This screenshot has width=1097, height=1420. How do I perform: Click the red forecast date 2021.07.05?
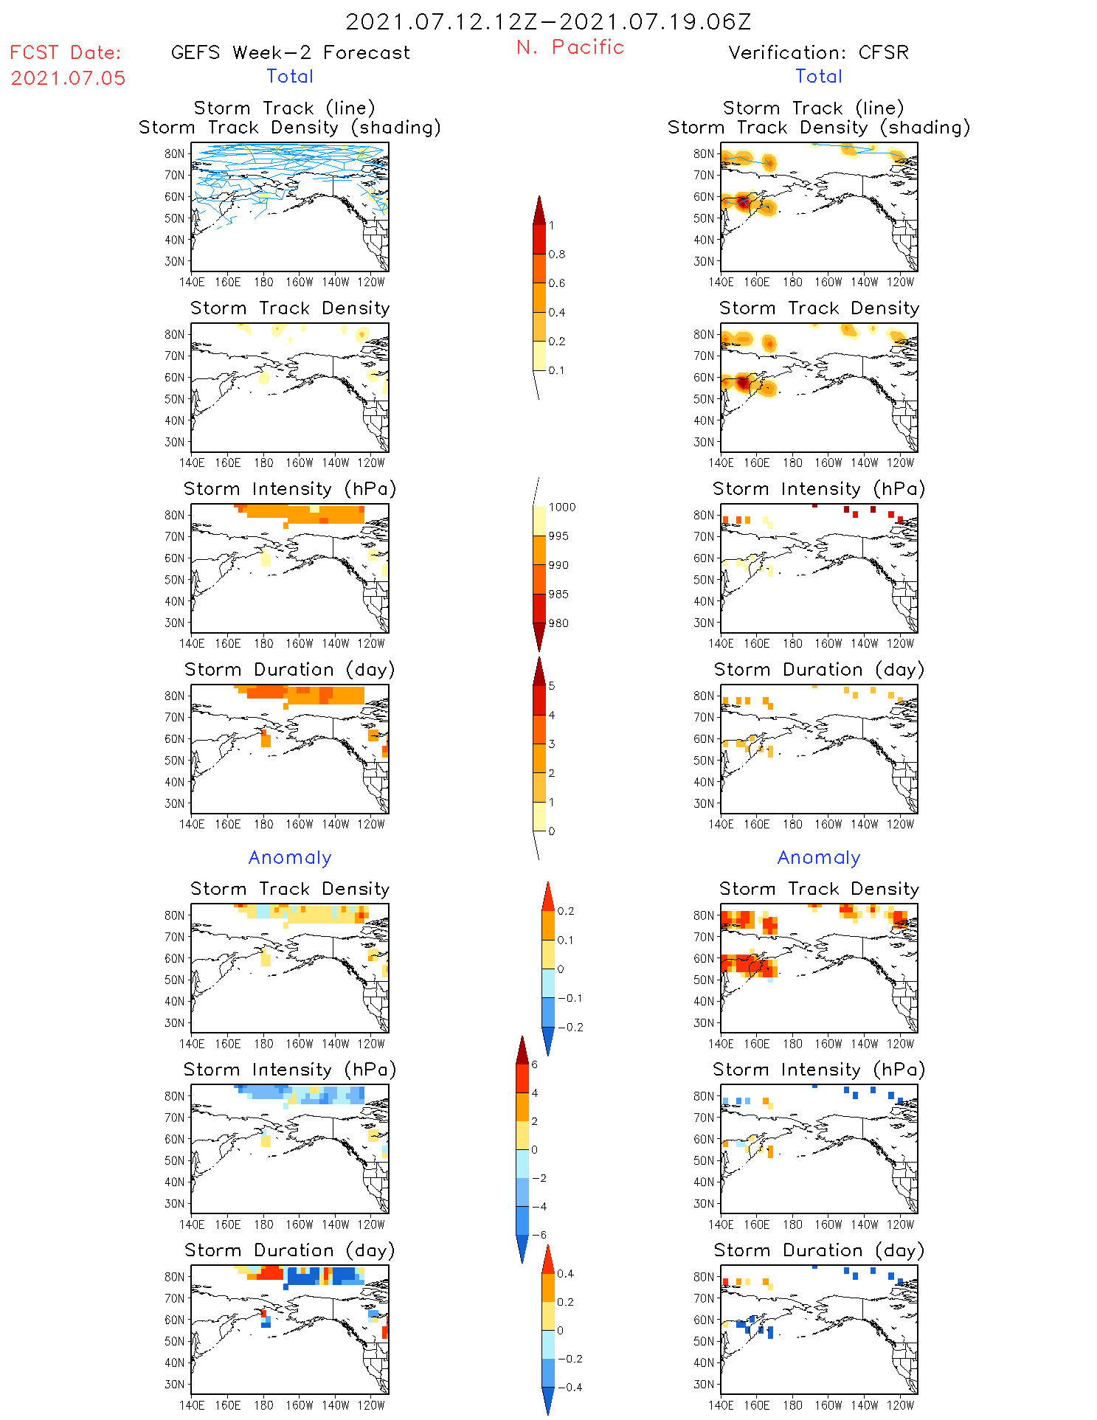point(68,78)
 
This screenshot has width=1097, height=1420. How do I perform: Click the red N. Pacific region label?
point(570,47)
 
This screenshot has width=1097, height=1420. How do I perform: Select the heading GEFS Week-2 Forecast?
point(290,52)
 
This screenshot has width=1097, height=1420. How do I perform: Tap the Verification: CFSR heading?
point(818,52)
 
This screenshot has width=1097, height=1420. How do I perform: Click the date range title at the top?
point(548,21)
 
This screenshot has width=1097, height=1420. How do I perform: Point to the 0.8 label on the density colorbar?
point(557,254)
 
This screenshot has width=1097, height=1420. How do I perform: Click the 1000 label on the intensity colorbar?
point(561,508)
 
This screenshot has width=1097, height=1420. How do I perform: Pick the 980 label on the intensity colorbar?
point(558,623)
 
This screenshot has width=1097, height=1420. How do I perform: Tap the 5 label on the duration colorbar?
point(552,686)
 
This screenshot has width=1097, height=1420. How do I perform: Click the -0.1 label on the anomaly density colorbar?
point(569,998)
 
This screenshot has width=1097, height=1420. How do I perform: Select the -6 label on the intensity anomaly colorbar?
point(539,1235)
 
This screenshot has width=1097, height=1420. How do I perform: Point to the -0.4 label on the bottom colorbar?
point(569,1387)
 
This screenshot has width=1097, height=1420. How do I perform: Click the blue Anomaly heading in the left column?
point(290,857)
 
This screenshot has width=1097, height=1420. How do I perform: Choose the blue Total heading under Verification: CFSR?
point(818,76)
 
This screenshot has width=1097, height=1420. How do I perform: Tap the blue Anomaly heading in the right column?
point(818,857)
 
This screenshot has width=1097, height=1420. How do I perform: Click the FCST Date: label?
point(65,52)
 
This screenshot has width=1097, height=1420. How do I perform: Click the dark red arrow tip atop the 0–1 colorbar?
point(539,208)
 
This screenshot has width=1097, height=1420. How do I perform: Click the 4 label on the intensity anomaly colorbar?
point(535,1093)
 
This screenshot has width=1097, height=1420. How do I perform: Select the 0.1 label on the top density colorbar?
point(556,370)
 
